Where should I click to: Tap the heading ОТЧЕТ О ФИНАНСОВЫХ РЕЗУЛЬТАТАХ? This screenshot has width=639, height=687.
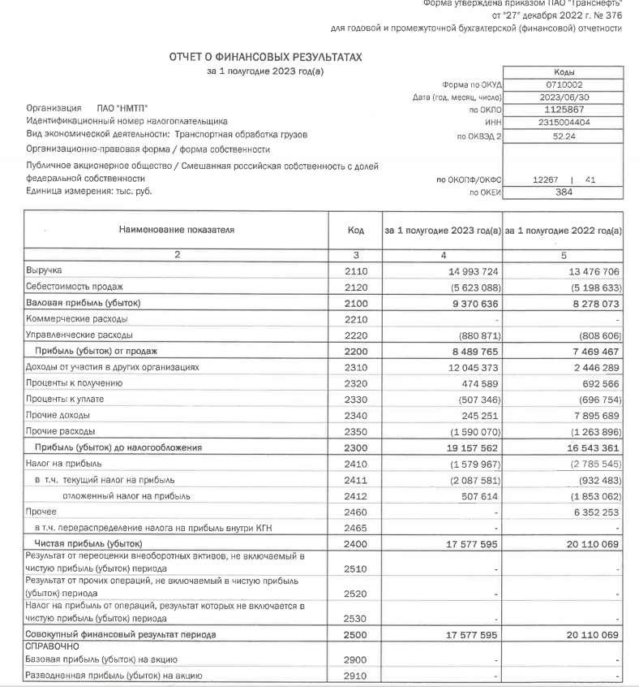tap(265, 58)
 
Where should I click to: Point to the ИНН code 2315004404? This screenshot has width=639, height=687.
tap(563, 122)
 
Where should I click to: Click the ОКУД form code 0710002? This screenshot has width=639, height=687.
tap(563, 84)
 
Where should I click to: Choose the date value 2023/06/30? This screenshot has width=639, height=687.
tap(563, 97)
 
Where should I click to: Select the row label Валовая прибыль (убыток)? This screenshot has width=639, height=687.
tap(77, 302)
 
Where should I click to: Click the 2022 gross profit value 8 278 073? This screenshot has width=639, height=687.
tap(593, 302)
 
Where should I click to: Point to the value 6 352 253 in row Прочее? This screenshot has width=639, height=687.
tap(593, 512)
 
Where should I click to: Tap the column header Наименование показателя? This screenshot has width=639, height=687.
tap(176, 231)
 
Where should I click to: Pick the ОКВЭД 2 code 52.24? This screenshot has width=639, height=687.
tap(563, 137)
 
